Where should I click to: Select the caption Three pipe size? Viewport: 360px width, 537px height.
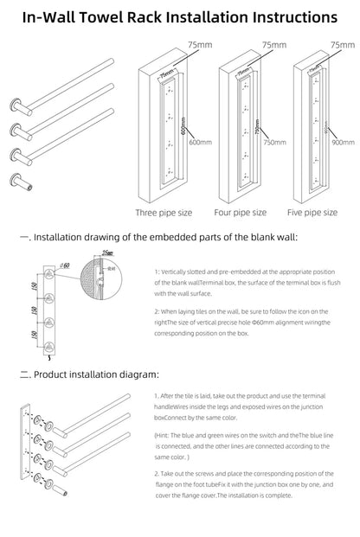(164, 211)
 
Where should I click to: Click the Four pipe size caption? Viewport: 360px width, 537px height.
(240, 211)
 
